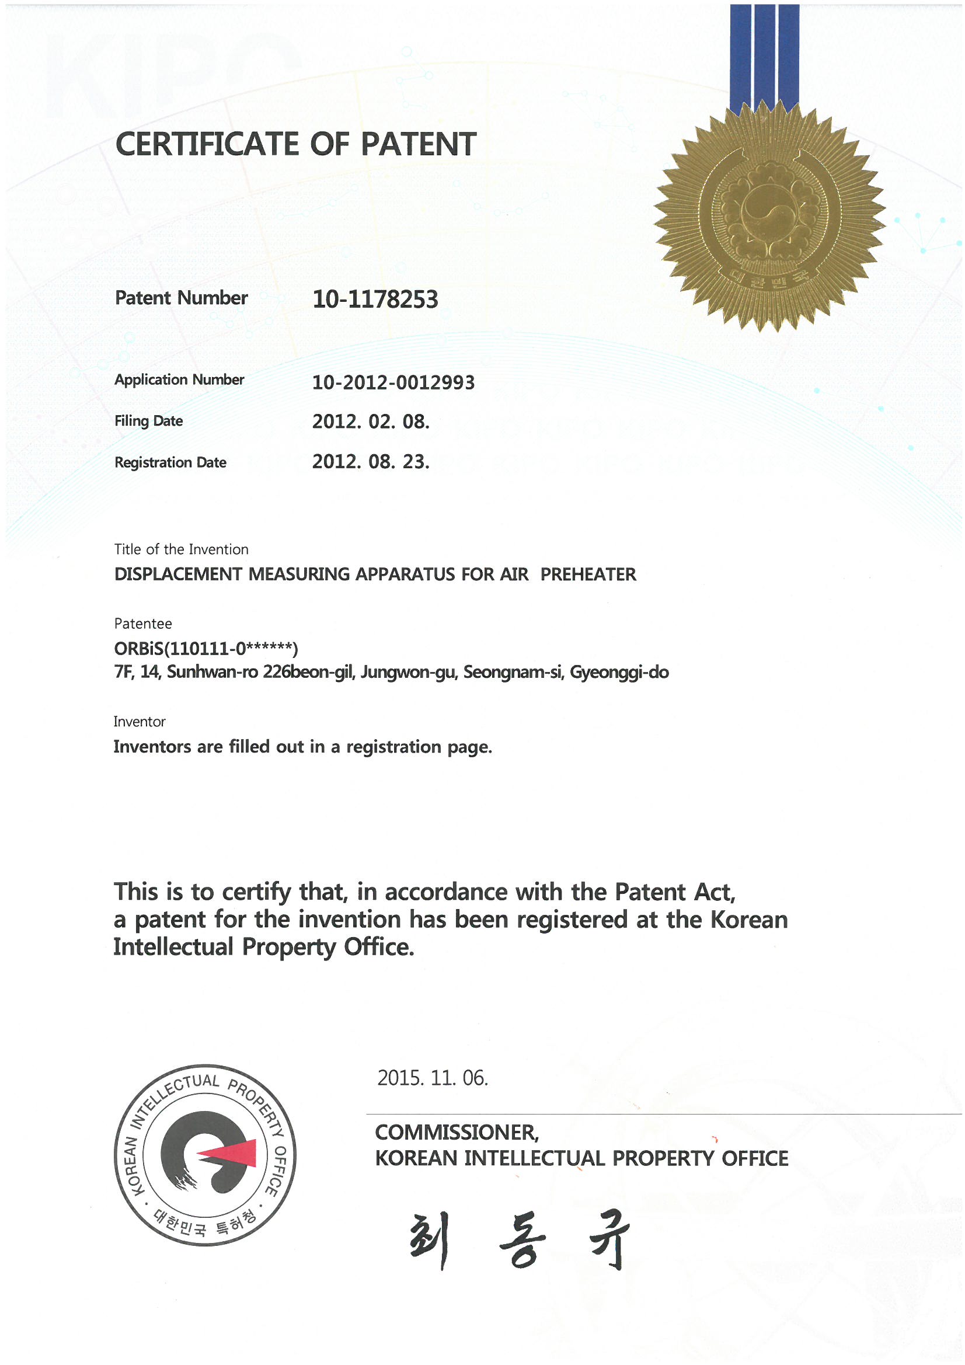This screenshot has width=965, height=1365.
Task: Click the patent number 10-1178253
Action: click(375, 299)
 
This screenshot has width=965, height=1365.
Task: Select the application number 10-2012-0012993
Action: click(393, 382)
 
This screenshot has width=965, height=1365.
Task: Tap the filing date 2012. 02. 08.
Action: click(371, 422)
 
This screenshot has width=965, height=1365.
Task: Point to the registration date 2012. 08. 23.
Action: click(371, 462)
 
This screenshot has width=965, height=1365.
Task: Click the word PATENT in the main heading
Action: click(418, 144)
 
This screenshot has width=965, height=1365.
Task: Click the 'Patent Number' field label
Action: click(182, 298)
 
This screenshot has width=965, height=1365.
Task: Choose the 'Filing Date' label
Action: click(149, 421)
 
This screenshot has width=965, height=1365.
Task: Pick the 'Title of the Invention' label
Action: click(182, 549)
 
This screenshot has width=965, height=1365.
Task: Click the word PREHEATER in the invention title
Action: click(588, 574)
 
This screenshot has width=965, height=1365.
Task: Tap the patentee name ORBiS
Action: click(140, 647)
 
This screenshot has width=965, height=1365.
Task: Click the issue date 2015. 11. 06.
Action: click(432, 1078)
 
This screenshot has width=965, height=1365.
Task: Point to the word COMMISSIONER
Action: click(457, 1133)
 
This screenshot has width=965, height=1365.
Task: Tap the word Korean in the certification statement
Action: click(749, 920)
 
